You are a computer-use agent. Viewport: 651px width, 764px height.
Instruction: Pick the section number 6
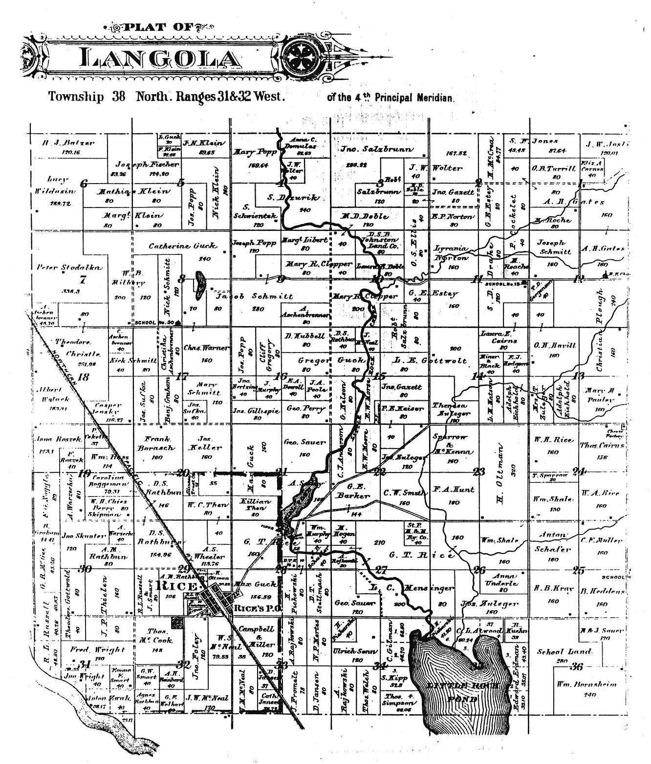pyautogui.click(x=85, y=184)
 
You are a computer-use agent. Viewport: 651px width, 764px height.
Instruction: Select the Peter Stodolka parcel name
pyautogui.click(x=69, y=268)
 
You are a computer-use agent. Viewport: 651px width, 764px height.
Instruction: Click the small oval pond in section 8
pyautogui.click(x=200, y=286)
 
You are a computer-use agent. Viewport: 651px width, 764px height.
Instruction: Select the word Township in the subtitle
pyautogui.click(x=76, y=96)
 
